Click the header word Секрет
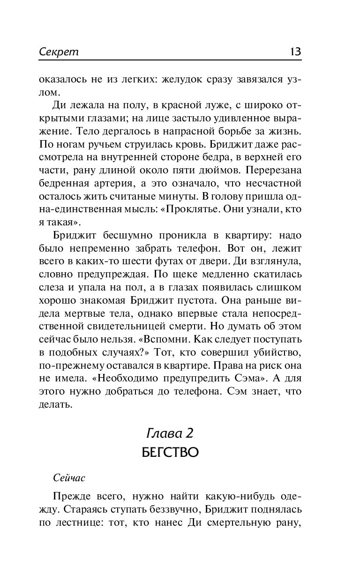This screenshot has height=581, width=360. point(59,52)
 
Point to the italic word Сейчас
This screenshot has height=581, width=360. point(69,477)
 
